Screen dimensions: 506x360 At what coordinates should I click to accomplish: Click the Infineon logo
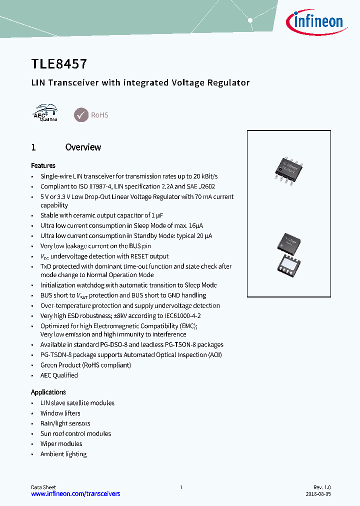coord(314,21)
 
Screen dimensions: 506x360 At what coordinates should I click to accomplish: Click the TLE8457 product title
coord(59,63)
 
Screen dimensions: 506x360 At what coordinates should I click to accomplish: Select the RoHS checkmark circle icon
coord(81,115)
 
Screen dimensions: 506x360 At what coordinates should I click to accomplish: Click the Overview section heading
coord(83,147)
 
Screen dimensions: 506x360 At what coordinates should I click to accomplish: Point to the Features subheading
coord(43,165)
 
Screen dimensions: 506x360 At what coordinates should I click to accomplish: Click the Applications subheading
coord(48,392)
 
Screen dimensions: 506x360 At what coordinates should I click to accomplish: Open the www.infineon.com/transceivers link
coord(75,493)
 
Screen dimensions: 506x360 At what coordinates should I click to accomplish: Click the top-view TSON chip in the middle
coord(288,243)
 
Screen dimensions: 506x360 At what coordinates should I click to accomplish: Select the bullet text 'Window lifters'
coord(60,413)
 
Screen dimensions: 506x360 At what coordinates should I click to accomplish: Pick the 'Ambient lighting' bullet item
coord(63,454)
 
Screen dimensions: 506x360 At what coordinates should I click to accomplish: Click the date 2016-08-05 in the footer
coord(318,493)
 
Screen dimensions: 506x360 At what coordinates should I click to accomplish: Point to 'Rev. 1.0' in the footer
coord(322,487)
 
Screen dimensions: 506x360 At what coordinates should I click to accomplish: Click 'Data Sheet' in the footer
coord(43,487)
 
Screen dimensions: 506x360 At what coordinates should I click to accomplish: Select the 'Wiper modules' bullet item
coord(61,443)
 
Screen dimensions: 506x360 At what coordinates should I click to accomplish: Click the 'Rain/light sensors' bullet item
coord(65,423)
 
